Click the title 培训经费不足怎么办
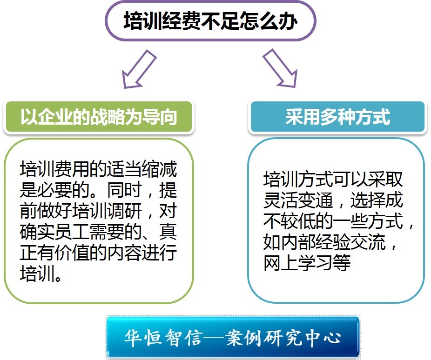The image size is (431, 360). [210, 21]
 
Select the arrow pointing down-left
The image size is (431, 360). [139, 69]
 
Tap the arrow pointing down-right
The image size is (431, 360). [280, 69]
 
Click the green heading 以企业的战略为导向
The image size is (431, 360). [99, 117]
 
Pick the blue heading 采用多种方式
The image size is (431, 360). [337, 117]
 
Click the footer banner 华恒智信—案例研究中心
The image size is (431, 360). [233, 337]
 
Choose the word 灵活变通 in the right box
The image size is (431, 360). [298, 200]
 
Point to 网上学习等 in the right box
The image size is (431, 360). [307, 262]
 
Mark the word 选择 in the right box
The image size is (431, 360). [368, 200]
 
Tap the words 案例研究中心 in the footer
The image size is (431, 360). [283, 338]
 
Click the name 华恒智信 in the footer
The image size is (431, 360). [163, 338]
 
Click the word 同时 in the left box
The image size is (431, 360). [124, 190]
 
